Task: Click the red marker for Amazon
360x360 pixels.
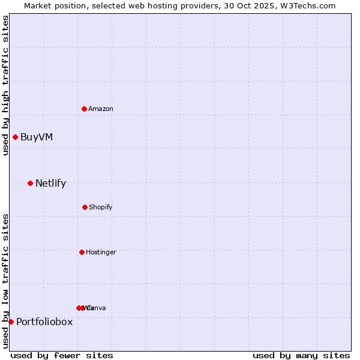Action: (84, 109)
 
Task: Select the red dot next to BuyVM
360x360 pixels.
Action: (15, 137)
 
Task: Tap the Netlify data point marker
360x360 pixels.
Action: (30, 183)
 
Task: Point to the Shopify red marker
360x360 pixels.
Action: (85, 207)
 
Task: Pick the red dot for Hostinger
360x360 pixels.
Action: (82, 252)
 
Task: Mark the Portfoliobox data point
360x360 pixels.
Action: (11, 322)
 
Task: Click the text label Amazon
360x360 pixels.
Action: (101, 109)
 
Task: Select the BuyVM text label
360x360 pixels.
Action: (37, 137)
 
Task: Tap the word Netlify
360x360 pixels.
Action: (50, 183)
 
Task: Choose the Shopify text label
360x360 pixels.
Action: (101, 207)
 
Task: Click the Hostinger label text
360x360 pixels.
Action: (101, 252)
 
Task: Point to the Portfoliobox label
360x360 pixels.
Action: (44, 322)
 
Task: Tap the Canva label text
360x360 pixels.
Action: (97, 308)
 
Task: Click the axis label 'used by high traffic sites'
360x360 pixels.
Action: (6, 85)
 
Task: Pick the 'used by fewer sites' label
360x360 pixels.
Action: (62, 355)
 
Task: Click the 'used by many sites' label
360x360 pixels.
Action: (301, 355)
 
